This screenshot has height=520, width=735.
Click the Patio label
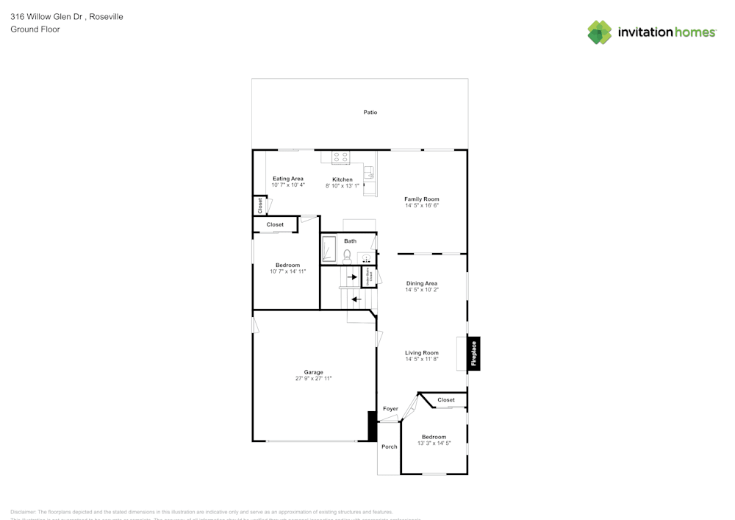(370, 113)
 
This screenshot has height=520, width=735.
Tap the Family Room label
(422, 199)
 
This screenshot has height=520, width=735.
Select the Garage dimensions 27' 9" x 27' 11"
(314, 379)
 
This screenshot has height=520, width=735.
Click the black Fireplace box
(474, 354)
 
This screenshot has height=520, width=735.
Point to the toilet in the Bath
(347, 255)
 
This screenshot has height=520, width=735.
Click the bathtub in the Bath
(329, 249)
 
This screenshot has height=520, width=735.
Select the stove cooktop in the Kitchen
(340, 157)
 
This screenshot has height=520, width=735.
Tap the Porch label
(389, 446)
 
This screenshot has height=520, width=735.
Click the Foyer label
(390, 409)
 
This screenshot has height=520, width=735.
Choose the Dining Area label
(422, 283)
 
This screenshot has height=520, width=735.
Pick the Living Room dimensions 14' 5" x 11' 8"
(422, 360)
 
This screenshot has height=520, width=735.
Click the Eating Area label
(288, 179)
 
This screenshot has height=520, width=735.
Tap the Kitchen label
(343, 179)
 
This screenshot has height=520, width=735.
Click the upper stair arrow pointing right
(352, 277)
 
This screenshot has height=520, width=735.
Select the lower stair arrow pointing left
(356, 299)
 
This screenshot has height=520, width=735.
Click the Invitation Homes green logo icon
(599, 32)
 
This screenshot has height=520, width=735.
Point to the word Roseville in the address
(107, 17)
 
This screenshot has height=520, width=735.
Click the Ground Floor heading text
(35, 29)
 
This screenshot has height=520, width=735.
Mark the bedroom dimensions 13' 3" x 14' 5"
(434, 444)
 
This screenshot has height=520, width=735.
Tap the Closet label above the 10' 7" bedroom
(275, 224)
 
